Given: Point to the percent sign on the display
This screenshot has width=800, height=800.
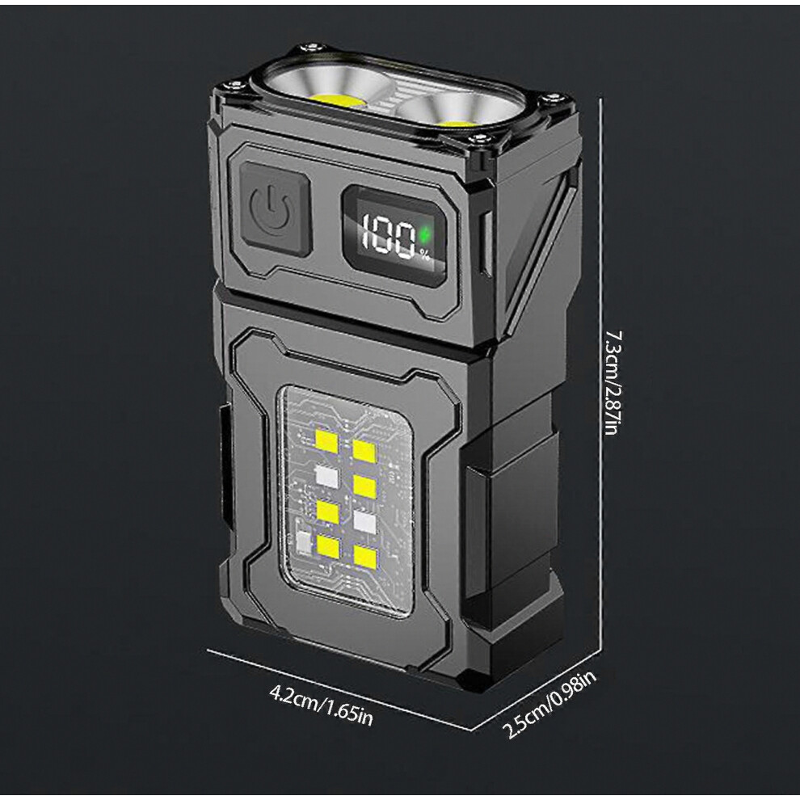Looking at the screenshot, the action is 424,255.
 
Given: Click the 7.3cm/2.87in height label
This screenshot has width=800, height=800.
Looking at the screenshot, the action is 612,383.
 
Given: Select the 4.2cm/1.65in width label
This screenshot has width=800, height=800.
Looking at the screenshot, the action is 321,705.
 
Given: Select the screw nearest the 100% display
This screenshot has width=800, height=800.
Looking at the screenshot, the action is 479,139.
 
